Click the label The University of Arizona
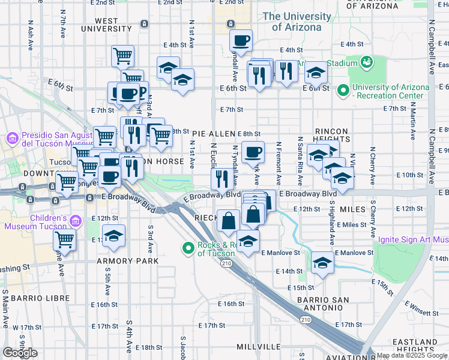coord(294,22)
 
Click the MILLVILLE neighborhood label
coord(259,347)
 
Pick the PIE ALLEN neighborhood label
coord(213,133)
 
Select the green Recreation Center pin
coord(343,91)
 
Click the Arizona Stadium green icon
coord(366,62)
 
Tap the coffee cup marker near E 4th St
coord(241,41)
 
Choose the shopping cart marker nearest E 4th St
coord(122,56)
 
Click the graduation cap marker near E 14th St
coord(322,263)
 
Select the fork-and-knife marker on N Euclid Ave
coord(222,178)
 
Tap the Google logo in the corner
coord(20,353)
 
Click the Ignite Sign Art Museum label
coord(413,240)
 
